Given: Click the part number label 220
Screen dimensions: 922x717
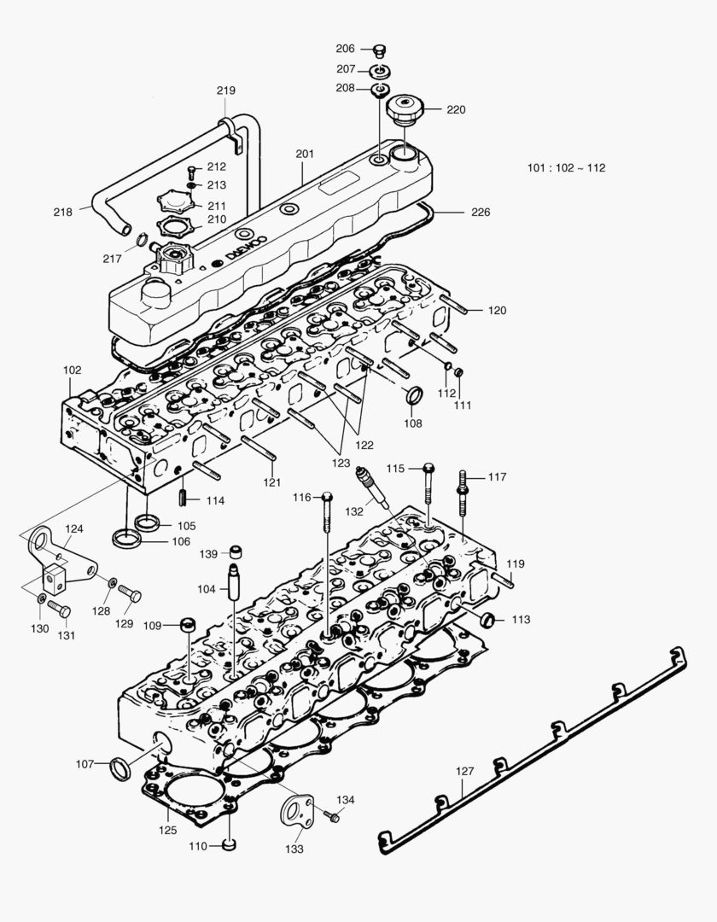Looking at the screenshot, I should point(456,109).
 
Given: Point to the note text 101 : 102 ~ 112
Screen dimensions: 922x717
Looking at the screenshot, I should point(566,167).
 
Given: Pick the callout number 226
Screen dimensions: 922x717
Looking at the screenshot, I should point(481,212).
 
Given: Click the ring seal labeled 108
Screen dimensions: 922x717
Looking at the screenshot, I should point(413,396).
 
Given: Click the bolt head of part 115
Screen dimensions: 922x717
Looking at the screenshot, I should point(428,468).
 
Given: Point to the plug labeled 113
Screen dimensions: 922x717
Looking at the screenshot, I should point(487,619).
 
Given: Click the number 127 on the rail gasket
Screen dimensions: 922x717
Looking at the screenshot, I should point(463,771).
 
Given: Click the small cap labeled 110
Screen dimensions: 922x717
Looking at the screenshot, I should point(229,845).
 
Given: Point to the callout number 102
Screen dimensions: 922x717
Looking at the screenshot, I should point(73,370).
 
